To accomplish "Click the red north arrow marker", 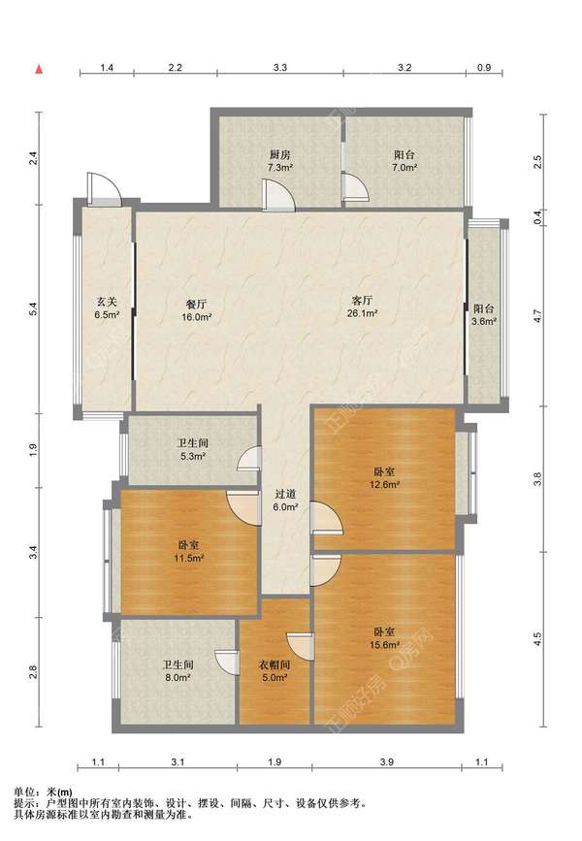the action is (39, 69).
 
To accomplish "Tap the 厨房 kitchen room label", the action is (279, 155).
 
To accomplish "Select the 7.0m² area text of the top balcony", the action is (404, 168).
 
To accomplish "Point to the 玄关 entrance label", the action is (106, 302).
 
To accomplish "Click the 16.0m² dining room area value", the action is (196, 317).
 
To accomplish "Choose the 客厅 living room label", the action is (363, 301).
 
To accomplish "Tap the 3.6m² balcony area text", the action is (484, 322).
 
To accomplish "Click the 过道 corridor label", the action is (285, 494).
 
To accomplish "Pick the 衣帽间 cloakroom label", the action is (275, 665).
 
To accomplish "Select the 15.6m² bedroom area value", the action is (384, 645).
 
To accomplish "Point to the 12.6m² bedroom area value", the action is (384, 484).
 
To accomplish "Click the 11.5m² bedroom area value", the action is (188, 558).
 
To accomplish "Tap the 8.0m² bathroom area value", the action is (178, 677).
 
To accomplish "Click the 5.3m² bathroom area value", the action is (193, 457).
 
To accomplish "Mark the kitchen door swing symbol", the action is (278, 195).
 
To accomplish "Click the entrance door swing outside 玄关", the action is (104, 188).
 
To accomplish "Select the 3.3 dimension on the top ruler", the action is (280, 68).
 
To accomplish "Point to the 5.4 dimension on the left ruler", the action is (33, 308).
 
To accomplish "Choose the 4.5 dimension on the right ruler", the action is (538, 639).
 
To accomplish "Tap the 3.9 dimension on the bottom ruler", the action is (386, 761).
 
